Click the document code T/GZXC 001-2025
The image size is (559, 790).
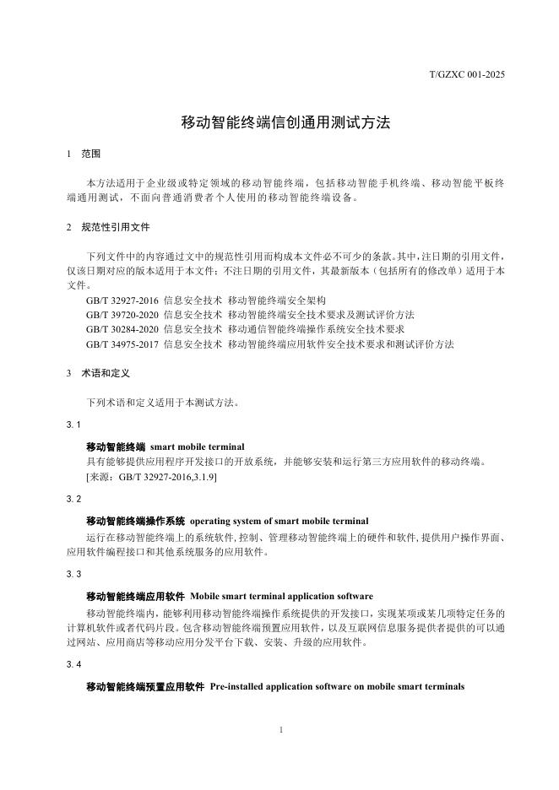(467, 75)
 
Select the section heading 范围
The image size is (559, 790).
(90, 154)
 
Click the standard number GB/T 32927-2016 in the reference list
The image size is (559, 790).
(122, 300)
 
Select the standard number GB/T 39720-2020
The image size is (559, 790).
(122, 315)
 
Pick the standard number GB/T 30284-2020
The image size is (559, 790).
(122, 329)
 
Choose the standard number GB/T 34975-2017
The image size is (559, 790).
(122, 344)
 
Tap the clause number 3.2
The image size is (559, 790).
(73, 500)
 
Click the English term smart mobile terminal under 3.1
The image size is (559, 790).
(198, 446)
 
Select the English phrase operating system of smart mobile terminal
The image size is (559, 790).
(279, 521)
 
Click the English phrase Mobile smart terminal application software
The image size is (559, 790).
(281, 596)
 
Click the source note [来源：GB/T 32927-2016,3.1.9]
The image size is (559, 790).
(151, 478)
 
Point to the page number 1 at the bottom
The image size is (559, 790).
(279, 728)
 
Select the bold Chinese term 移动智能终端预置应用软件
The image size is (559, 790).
(145, 686)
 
